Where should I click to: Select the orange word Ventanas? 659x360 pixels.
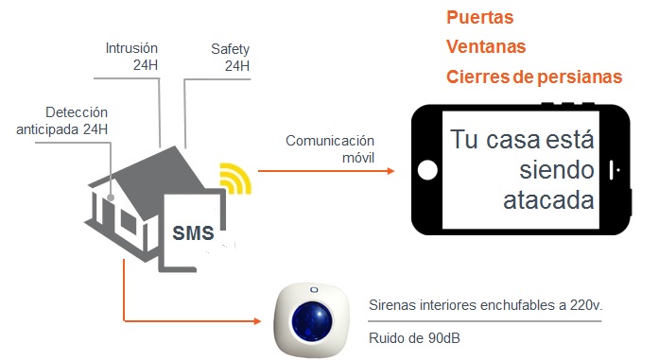485,46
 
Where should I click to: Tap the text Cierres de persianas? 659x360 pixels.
533,77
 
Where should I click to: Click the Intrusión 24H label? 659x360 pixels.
131,56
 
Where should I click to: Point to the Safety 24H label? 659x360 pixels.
231,56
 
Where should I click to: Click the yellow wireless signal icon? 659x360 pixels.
234,179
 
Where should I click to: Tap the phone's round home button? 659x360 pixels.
427,171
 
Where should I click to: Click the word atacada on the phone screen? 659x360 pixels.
548,201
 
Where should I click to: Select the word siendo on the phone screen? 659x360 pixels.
558,171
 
